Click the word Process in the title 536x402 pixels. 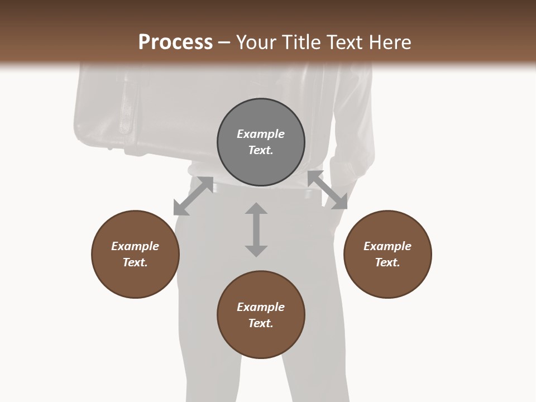click(x=175, y=42)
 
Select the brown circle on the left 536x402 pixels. click(x=135, y=274)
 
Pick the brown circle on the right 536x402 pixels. click(x=387, y=274)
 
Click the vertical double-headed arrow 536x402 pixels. click(x=256, y=229)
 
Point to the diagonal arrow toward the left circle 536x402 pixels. click(x=193, y=196)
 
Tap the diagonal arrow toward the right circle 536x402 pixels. click(x=327, y=190)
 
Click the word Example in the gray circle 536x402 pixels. click(x=261, y=134)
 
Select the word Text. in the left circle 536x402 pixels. click(x=135, y=262)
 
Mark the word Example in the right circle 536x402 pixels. click(x=387, y=246)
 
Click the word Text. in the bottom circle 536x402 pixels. click(x=261, y=323)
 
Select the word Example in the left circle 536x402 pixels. click(x=135, y=246)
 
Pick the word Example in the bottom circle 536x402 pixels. click(x=261, y=307)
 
